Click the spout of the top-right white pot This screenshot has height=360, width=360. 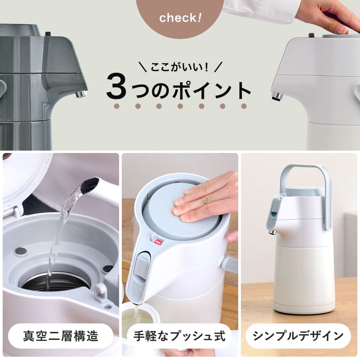(x=276, y=96)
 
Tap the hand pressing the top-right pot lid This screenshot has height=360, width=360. (x=330, y=15)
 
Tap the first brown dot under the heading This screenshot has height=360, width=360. (x=116, y=106)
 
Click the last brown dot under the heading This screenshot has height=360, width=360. (x=244, y=106)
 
